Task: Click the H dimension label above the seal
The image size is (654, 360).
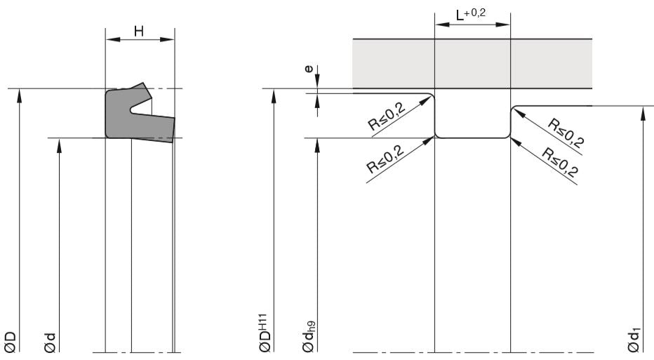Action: point(138,31)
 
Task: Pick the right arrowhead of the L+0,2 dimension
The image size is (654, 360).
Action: point(506,24)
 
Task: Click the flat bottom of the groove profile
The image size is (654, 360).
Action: point(472,138)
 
